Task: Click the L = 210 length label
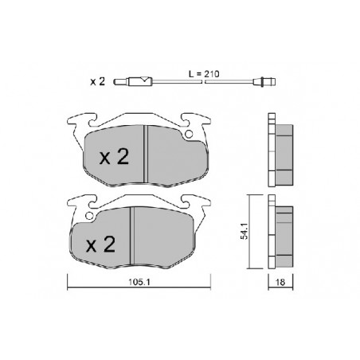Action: point(204,74)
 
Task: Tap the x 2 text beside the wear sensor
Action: point(97,82)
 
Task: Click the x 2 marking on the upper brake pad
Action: point(114,157)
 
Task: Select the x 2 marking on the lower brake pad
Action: point(100,245)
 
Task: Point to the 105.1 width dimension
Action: point(139,282)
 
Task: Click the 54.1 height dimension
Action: point(244,231)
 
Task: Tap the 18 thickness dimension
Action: point(280,282)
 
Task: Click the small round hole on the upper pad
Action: point(189,135)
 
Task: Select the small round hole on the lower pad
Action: point(89,216)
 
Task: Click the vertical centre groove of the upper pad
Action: point(146,154)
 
